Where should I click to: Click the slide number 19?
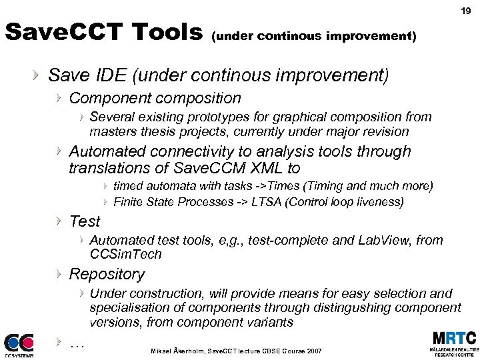[465, 10]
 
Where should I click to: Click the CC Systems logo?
[18, 345]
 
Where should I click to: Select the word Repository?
[107, 274]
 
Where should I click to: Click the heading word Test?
[85, 221]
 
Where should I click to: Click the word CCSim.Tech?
[125, 254]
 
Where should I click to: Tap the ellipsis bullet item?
[77, 343]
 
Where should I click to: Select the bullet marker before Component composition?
[59, 99]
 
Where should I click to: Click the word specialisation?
[131, 308]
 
